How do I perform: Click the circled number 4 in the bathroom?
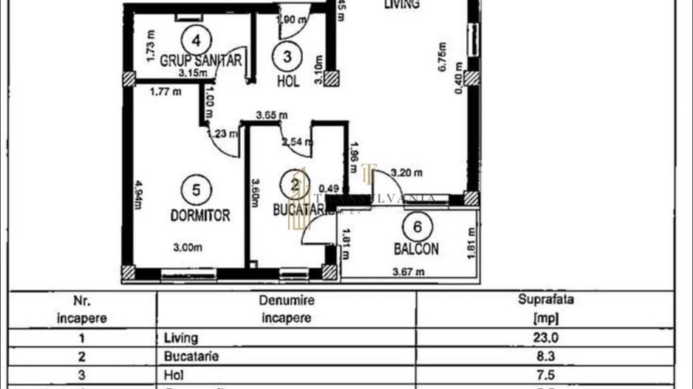click(x=196, y=38)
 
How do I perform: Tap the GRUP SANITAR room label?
click(x=200, y=61)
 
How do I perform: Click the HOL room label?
click(x=287, y=81)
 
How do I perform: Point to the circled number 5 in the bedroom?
click(x=196, y=190)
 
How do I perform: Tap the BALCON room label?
click(x=416, y=249)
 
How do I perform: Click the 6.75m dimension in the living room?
click(x=441, y=55)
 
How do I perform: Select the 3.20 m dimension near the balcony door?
click(x=406, y=174)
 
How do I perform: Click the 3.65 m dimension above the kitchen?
click(x=271, y=115)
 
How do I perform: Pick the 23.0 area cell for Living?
click(x=547, y=338)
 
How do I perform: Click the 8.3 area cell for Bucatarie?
click(x=547, y=356)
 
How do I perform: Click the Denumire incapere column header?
click(x=287, y=309)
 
